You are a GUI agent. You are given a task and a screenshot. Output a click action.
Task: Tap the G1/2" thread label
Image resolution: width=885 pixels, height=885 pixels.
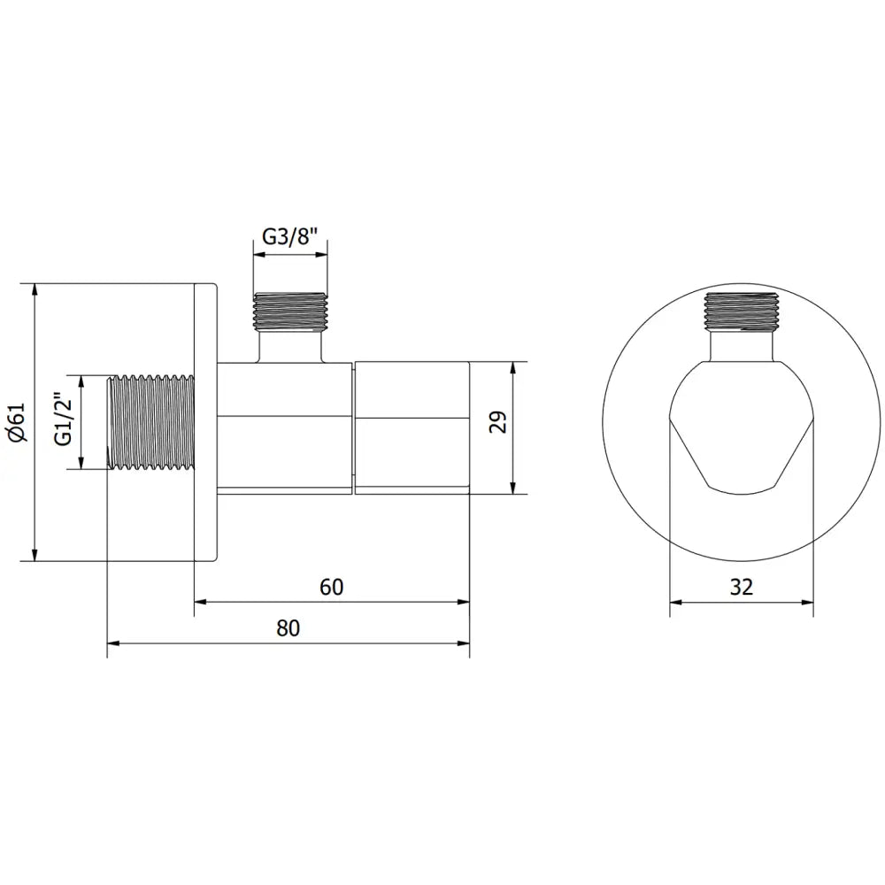(62, 422)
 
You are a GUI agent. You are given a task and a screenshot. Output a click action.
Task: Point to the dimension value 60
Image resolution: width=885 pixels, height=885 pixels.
(331, 586)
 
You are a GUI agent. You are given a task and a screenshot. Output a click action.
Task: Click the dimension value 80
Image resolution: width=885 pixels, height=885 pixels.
(289, 628)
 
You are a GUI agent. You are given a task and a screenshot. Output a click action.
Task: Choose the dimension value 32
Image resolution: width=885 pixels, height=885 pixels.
(742, 586)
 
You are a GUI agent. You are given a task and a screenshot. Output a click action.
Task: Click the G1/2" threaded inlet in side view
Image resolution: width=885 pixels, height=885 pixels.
(150, 422)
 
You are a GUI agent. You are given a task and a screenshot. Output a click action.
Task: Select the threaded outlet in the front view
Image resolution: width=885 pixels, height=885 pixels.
(742, 310)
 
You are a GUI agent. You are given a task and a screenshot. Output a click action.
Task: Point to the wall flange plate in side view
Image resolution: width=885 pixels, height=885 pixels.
(204, 422)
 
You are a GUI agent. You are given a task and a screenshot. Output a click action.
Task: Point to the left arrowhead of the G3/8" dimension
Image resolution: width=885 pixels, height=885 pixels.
(259, 255)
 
